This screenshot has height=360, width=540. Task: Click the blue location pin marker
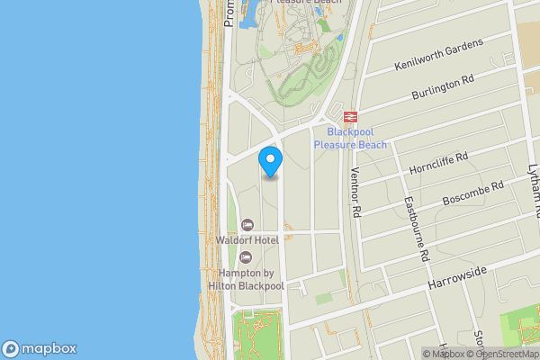(x=271, y=160)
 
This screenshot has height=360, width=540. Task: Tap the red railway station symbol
(x=349, y=116)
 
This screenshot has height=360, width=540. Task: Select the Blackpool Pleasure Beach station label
(x=350, y=139)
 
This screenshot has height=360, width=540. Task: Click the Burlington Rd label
(x=442, y=86)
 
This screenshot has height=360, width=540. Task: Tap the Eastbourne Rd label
(x=415, y=229)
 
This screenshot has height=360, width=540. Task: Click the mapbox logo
(x=40, y=349)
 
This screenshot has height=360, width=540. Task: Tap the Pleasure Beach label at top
(x=305, y=4)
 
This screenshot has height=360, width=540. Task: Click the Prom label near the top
(x=229, y=13)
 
